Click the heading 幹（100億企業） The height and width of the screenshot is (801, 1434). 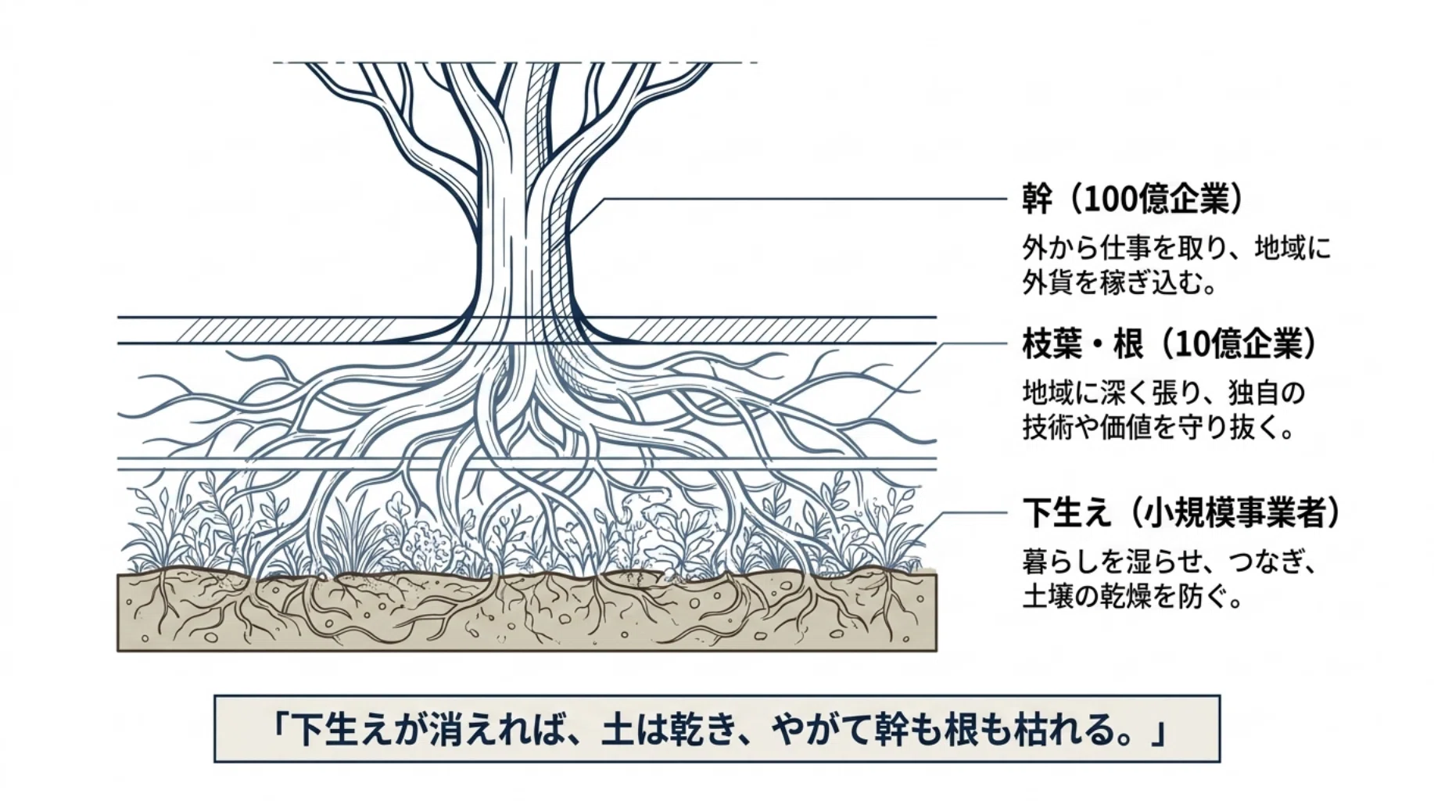coord(1132,199)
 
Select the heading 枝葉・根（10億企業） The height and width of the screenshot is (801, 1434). coord(1170,343)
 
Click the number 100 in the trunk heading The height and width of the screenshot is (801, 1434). coord(1109,200)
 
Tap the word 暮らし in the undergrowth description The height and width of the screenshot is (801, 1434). coord(1060,561)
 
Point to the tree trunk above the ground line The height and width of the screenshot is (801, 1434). coord(522,235)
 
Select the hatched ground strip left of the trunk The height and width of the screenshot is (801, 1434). coord(285,330)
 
